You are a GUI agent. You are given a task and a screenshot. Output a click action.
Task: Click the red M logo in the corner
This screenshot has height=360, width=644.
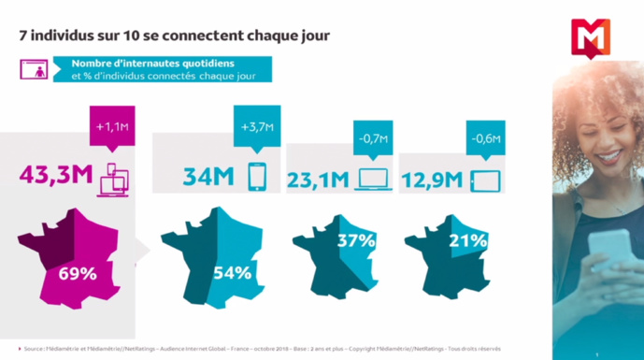(x=592, y=37)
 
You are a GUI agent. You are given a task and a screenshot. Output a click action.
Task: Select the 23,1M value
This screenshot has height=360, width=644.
(x=319, y=178)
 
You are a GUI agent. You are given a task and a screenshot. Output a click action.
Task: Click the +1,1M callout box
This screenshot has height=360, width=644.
(x=111, y=127)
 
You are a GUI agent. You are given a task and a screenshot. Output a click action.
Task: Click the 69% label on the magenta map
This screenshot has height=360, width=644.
(x=79, y=274)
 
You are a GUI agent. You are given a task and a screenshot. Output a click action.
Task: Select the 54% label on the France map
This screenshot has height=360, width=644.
(x=232, y=274)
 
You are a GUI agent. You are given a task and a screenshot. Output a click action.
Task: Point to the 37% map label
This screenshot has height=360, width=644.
(x=356, y=241)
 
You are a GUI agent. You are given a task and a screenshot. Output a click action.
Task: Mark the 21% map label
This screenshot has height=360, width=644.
(x=467, y=241)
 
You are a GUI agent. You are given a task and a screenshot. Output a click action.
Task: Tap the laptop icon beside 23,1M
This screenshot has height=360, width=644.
(x=374, y=179)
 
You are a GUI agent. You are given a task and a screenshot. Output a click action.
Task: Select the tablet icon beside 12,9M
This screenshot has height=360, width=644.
(x=486, y=179)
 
